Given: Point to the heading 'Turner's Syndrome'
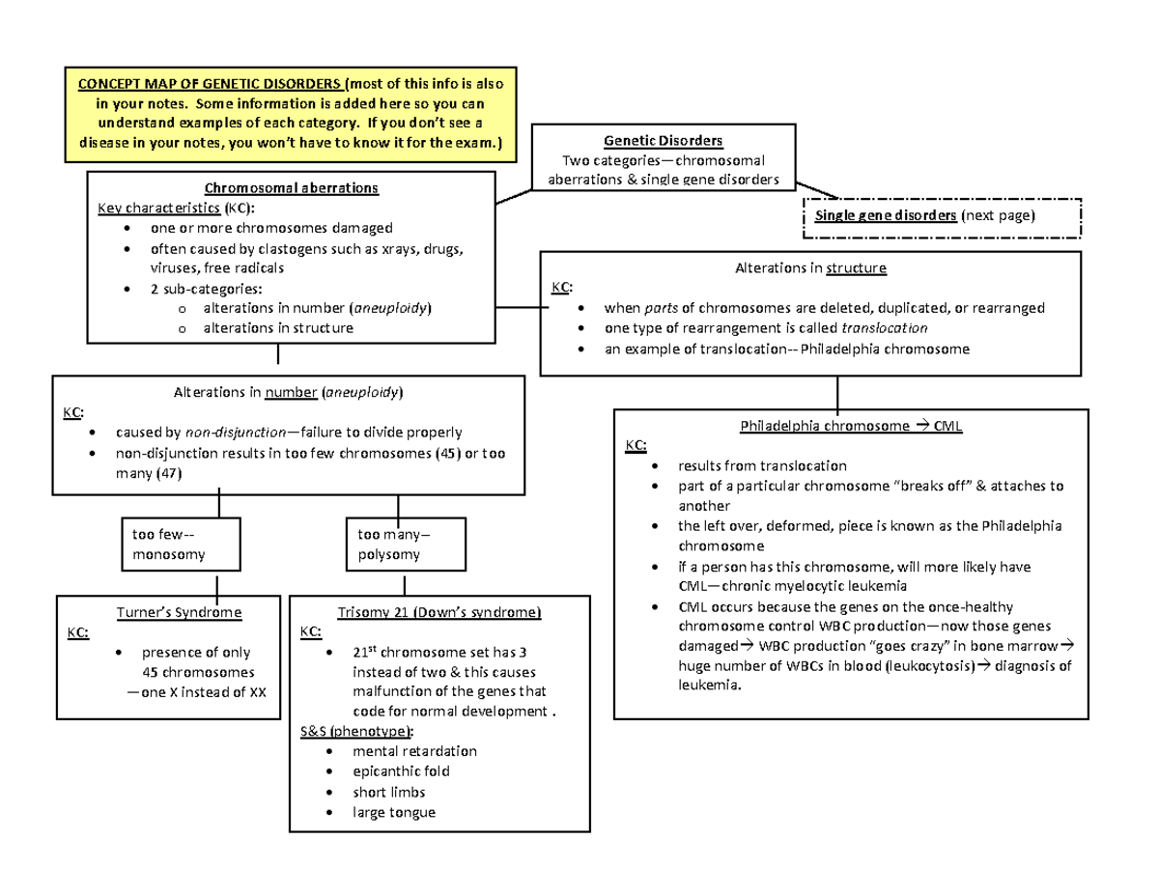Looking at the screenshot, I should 178,613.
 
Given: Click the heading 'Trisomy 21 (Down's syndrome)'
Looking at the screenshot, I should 439,613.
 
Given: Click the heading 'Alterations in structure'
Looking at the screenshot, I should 810,267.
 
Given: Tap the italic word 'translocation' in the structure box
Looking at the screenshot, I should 887,328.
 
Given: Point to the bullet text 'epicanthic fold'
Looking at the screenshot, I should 401,771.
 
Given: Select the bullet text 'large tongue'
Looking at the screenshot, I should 394,812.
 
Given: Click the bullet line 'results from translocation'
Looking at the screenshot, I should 762,465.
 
